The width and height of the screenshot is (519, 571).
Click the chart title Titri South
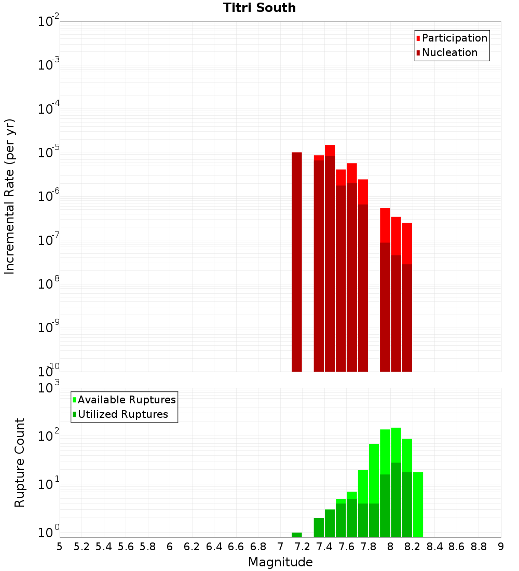pyautogui.click(x=259, y=8)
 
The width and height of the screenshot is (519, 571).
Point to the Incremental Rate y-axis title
pyautogui.click(x=10, y=197)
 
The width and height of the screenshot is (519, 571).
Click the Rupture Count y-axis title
pyautogui.click(x=20, y=463)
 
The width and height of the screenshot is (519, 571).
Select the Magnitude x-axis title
pyautogui.click(x=280, y=562)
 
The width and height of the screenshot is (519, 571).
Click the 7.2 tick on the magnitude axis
pyautogui.click(x=302, y=547)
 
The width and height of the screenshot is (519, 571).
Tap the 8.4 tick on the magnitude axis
pyautogui.click(x=435, y=547)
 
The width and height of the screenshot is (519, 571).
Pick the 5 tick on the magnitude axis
pyautogui.click(x=60, y=547)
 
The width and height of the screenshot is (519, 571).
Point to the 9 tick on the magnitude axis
pyautogui.click(x=501, y=547)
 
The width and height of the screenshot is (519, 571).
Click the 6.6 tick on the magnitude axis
pyautogui.click(x=236, y=547)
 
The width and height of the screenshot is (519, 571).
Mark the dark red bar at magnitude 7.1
pyautogui.click(x=297, y=260)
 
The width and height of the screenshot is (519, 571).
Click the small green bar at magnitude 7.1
pyautogui.click(x=297, y=535)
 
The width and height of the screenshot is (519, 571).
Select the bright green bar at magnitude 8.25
pyautogui.click(x=418, y=504)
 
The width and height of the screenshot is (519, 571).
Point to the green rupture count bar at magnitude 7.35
pyautogui.click(x=319, y=527)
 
